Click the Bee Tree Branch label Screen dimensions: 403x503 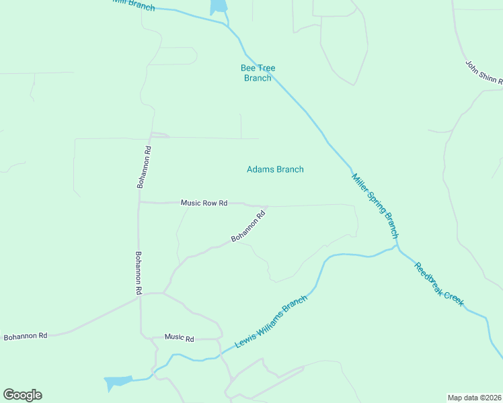point(258,73)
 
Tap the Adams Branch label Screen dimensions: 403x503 point(275,169)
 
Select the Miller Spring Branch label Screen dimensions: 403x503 point(375,206)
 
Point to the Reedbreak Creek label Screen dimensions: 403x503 point(439,285)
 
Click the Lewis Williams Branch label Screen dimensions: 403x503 point(271,323)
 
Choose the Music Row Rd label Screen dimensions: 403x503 point(204,203)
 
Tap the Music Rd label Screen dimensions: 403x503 point(179,339)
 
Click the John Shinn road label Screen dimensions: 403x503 point(484,73)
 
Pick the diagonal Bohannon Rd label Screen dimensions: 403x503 point(249,227)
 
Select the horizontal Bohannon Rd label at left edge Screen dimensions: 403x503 point(26,335)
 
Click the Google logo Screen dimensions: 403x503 point(22,395)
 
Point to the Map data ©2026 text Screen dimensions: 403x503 point(474,397)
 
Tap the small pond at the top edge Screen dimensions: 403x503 point(219,7)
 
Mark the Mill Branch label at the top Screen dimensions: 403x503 point(133,5)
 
